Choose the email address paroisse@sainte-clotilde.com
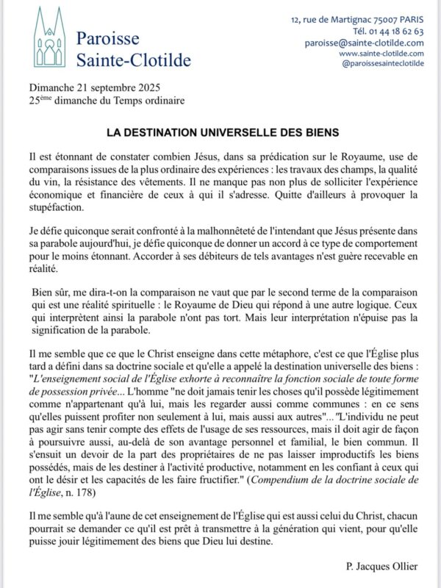pos(364,43)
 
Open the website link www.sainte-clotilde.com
pos(381,54)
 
